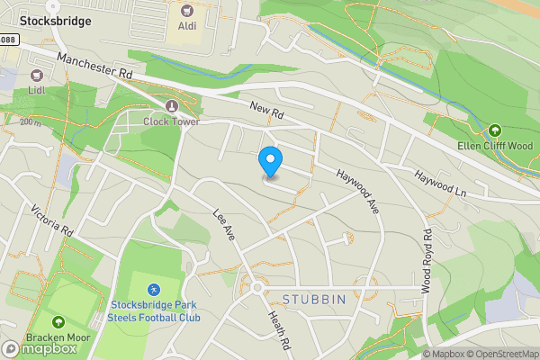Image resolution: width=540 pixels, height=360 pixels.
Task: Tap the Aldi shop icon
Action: tap(187, 11)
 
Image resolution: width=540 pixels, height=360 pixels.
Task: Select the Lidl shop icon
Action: tap(37, 78)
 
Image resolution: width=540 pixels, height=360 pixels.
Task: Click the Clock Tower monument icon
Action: tap(171, 106)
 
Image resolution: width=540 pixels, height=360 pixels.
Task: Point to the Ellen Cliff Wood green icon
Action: tap(495, 131)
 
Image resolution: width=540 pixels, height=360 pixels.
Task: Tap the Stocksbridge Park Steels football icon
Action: tap(154, 290)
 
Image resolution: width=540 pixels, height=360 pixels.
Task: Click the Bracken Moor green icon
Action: tap(58, 321)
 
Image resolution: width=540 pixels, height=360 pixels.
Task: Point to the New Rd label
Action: tap(266, 112)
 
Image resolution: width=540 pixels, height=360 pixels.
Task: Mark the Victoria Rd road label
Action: tap(50, 220)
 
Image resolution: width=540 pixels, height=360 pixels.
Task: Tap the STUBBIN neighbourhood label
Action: tap(314, 299)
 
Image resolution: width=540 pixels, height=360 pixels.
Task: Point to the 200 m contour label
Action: tap(31, 122)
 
